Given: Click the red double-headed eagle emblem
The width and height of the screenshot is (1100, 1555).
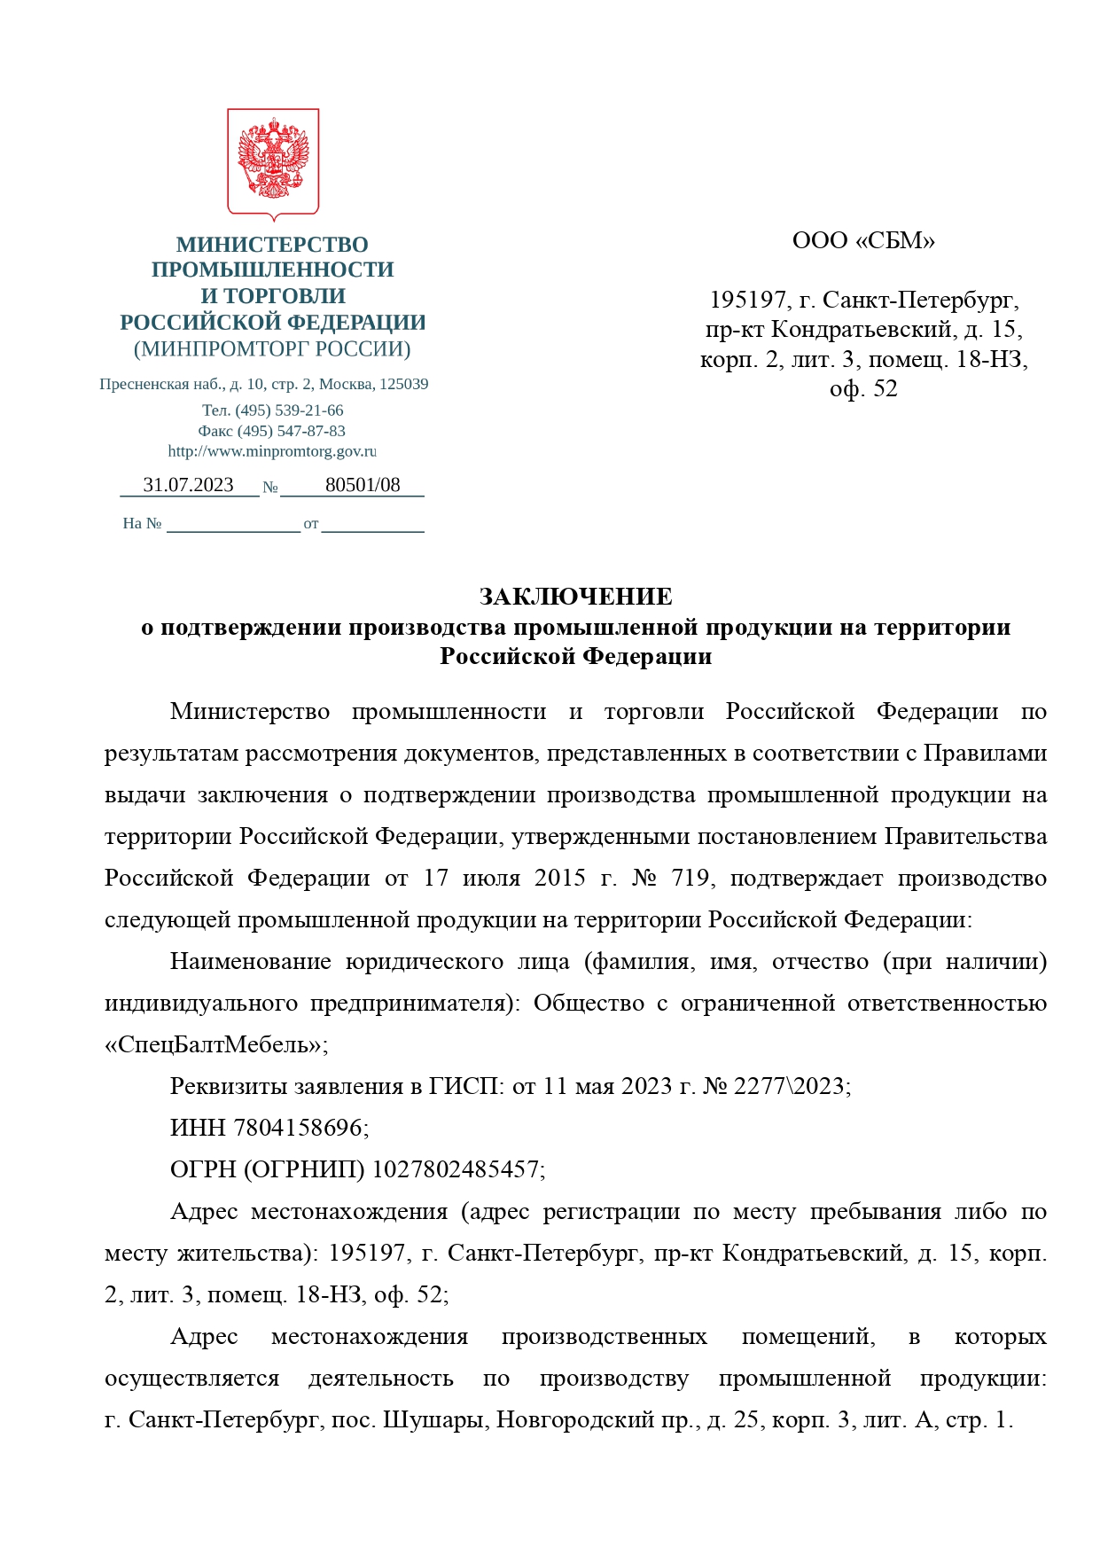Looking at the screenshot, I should (273, 161).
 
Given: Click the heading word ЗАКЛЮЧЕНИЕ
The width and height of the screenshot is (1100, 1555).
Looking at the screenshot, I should (575, 596).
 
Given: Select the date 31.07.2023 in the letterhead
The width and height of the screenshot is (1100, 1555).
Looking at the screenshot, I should (188, 485).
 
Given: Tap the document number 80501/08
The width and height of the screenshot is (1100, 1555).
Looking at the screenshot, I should (363, 485).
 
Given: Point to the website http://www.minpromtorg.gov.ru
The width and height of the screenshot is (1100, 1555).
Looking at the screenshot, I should (272, 451).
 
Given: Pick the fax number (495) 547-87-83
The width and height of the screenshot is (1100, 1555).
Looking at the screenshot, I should (291, 431).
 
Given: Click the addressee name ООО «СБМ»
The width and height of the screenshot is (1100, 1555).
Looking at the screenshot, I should (863, 240).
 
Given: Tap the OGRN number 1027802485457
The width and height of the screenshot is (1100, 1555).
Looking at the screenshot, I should (456, 1169).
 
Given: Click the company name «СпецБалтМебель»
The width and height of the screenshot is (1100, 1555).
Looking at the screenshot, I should (213, 1044).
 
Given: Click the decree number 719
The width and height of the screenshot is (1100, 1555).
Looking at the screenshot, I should (690, 878).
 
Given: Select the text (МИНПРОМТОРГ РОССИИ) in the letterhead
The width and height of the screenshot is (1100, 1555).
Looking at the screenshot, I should (272, 348).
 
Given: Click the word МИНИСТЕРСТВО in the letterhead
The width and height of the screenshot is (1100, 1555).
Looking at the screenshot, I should (272, 244).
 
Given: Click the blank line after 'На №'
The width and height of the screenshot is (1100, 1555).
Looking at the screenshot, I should (233, 524).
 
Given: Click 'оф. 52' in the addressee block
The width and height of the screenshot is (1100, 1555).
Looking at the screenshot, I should (863, 388).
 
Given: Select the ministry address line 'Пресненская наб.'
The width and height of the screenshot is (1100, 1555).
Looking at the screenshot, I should (264, 385).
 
